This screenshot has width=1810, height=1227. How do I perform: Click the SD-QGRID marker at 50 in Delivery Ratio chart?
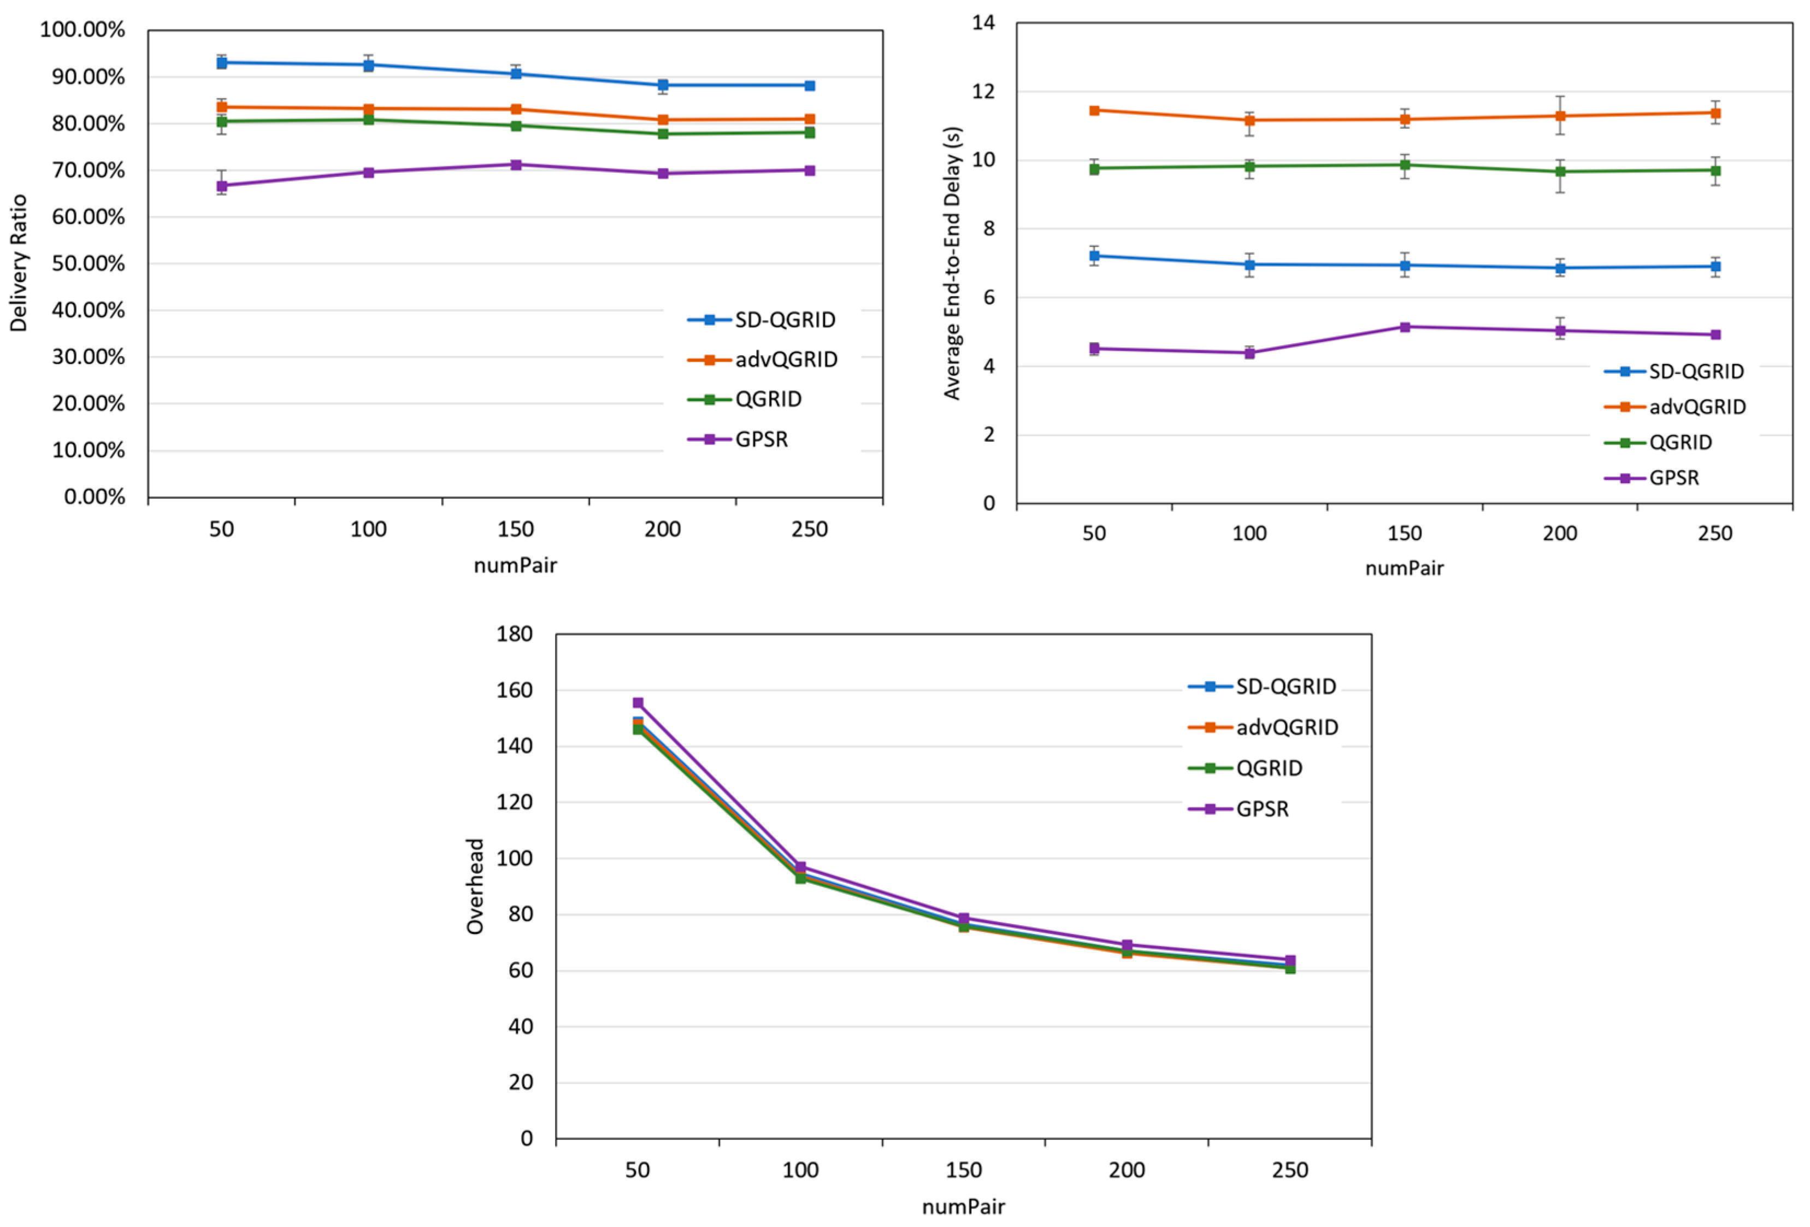coord(221,62)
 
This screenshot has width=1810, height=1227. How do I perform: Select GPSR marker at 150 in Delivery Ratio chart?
coord(516,165)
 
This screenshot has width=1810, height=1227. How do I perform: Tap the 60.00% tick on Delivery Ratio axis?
coord(88,218)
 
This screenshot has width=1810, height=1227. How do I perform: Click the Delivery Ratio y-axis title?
coord(18,263)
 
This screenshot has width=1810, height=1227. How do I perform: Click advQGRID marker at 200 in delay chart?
coord(1560,116)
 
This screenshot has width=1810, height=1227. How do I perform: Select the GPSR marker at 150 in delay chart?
coord(1405,327)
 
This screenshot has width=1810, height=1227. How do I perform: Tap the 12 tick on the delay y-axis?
coord(983,92)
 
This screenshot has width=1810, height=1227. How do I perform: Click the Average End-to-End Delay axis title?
coord(952,263)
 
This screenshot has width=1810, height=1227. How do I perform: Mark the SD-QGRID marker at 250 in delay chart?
coord(1715,266)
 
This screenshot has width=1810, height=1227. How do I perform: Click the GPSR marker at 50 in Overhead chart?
coord(638,703)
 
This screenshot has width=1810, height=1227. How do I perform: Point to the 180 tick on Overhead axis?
coord(515,634)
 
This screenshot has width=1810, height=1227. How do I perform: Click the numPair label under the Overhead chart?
coord(963,1207)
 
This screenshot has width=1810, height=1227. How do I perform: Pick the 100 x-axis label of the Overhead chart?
coord(800,1170)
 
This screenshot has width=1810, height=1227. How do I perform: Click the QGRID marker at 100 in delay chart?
coord(1249,166)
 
